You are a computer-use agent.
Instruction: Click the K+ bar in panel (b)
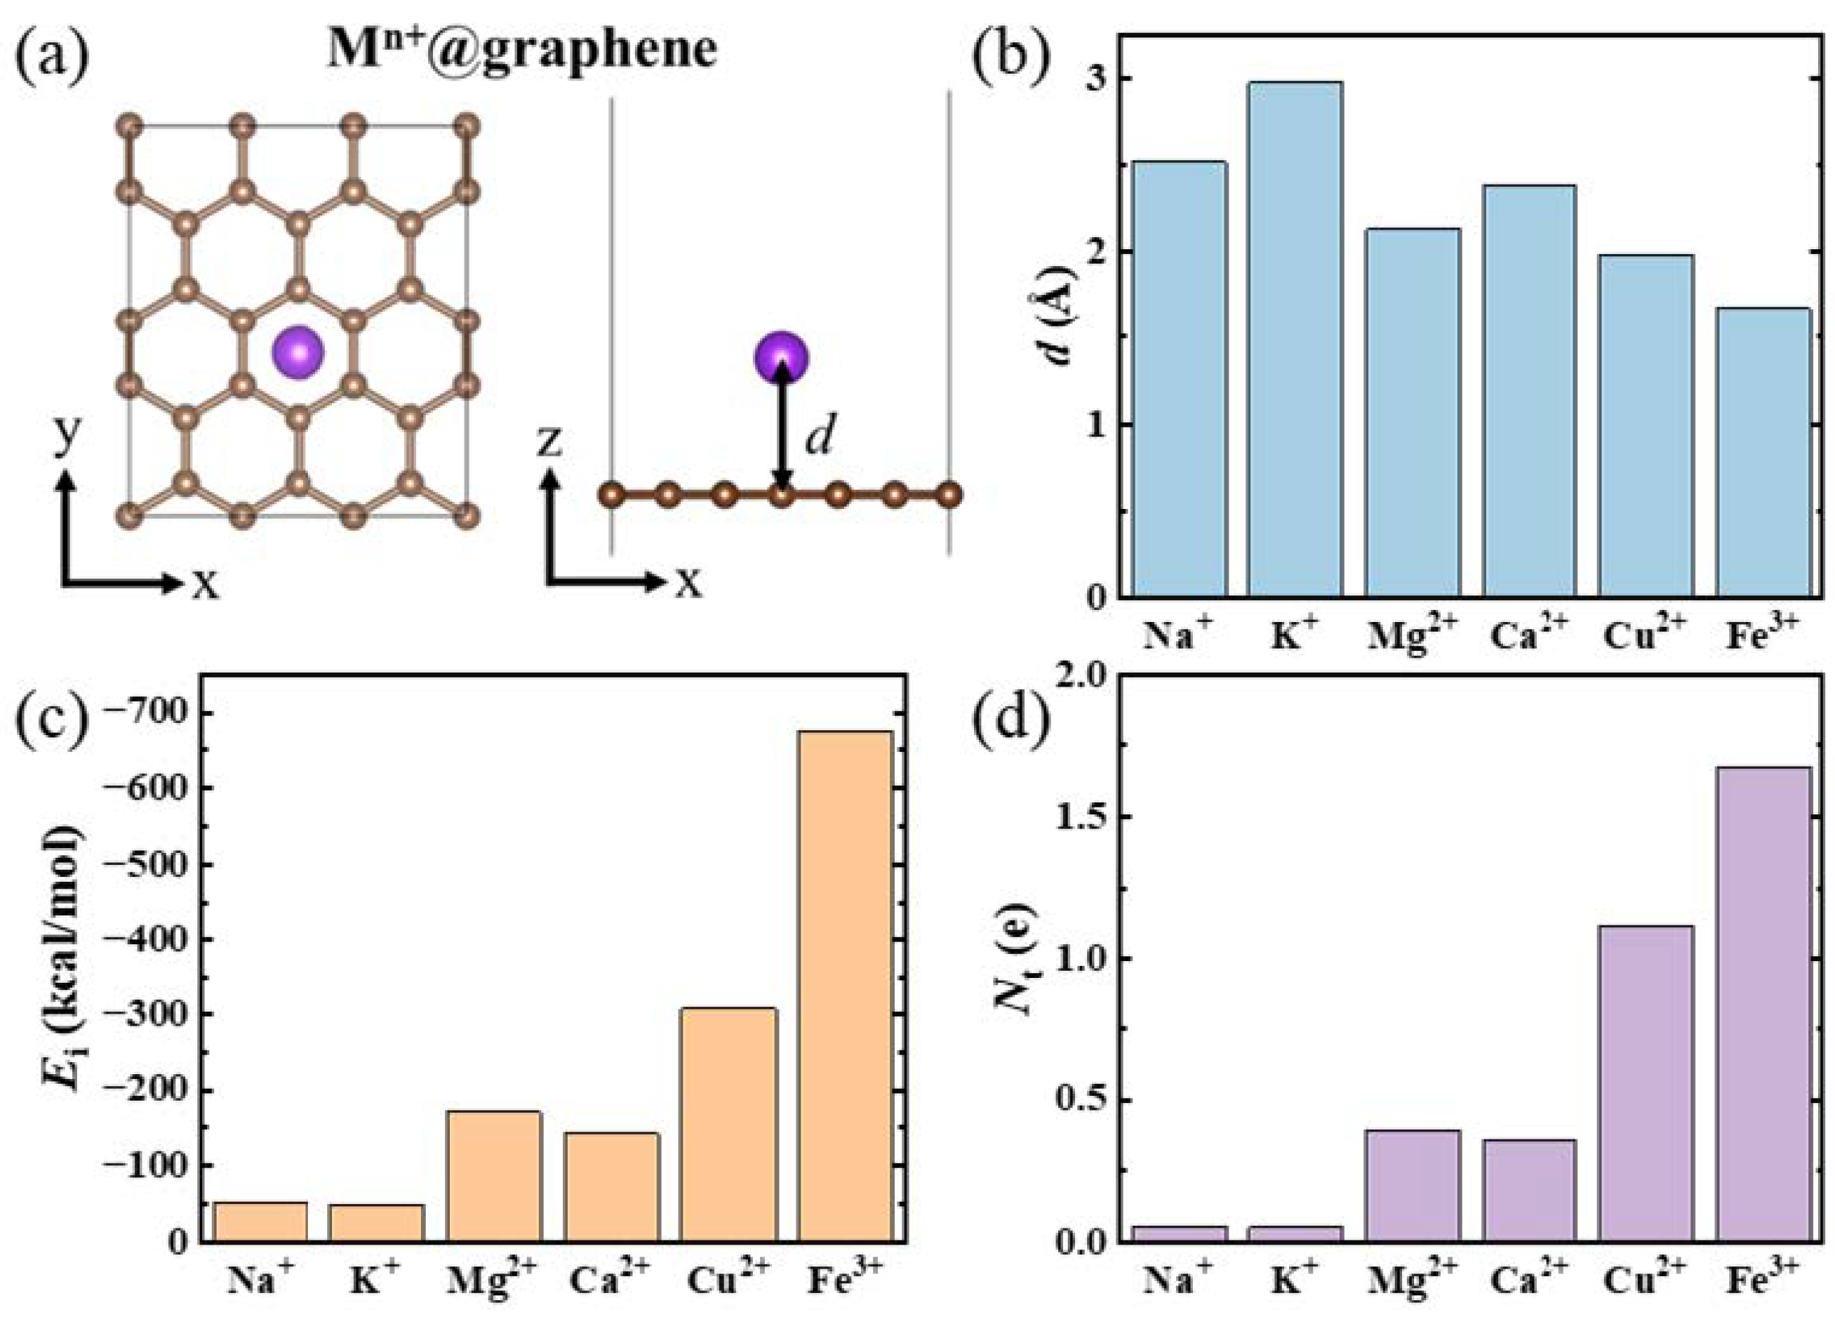[x=1295, y=340]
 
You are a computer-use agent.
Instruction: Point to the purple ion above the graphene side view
[x=781, y=357]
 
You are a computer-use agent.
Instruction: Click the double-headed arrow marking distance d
[x=781, y=427]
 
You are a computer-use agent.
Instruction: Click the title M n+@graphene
[x=522, y=50]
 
